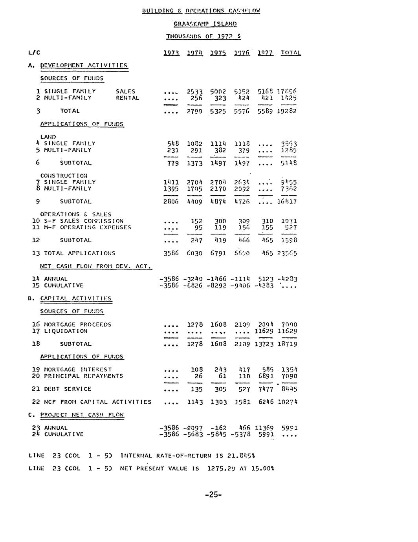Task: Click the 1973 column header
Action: coord(171,53)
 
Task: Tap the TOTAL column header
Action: coord(291,53)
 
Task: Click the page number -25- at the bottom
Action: coord(213,494)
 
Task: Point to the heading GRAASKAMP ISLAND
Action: coord(205,24)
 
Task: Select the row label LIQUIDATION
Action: coord(66,331)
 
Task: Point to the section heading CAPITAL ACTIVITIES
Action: coord(76,298)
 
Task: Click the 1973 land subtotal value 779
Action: coord(173,163)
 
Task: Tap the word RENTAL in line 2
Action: coord(127,98)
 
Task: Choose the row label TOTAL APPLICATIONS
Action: coord(79,253)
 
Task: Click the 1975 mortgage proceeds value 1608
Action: coord(218,324)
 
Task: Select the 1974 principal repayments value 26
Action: coord(198,376)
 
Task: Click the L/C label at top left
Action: coord(35,53)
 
